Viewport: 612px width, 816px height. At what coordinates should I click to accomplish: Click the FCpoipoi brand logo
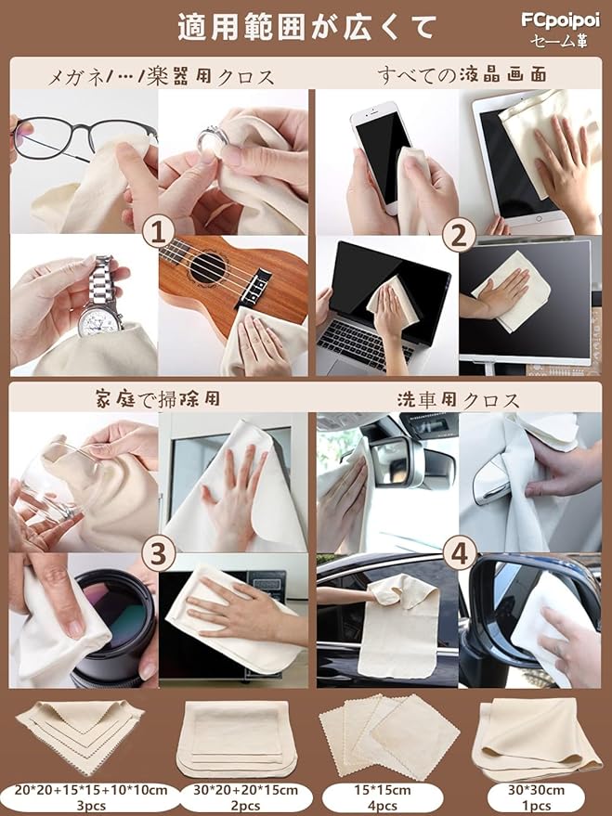561,21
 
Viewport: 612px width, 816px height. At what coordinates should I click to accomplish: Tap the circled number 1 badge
158,233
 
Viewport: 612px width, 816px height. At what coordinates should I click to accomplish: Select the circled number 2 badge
459,236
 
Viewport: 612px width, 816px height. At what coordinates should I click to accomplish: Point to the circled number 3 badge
158,555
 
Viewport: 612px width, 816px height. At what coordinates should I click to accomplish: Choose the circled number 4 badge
460,553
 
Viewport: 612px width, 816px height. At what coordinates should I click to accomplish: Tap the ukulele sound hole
208,268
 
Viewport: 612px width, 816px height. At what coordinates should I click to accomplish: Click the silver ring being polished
212,139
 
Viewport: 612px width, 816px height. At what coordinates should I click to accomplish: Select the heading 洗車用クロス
459,400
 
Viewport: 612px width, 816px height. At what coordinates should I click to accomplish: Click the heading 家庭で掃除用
158,399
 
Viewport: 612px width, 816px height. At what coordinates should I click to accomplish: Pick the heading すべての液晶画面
462,74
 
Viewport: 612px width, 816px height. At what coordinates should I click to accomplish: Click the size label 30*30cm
536,790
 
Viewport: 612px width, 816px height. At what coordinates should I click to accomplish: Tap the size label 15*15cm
383,790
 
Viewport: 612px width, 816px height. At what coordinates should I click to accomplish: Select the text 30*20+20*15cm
245,790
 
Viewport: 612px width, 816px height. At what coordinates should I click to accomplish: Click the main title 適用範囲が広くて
306,27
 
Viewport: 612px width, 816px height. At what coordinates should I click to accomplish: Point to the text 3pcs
91,806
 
